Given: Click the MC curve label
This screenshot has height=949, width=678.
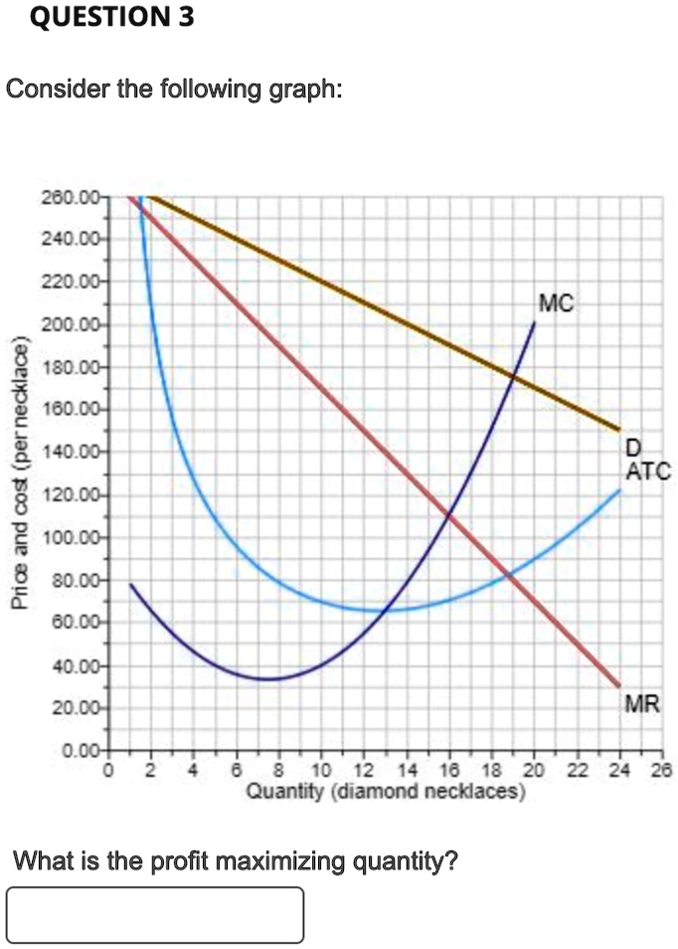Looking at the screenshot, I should click(x=556, y=302).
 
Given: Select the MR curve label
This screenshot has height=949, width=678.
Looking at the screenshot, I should click(x=641, y=704).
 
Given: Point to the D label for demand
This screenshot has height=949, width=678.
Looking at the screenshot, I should click(x=633, y=447).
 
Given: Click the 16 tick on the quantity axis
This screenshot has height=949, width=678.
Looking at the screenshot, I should click(x=448, y=770).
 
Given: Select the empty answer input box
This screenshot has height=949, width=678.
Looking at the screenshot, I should click(x=155, y=914).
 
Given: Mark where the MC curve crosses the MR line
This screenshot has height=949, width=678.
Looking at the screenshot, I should click(x=449, y=515).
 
